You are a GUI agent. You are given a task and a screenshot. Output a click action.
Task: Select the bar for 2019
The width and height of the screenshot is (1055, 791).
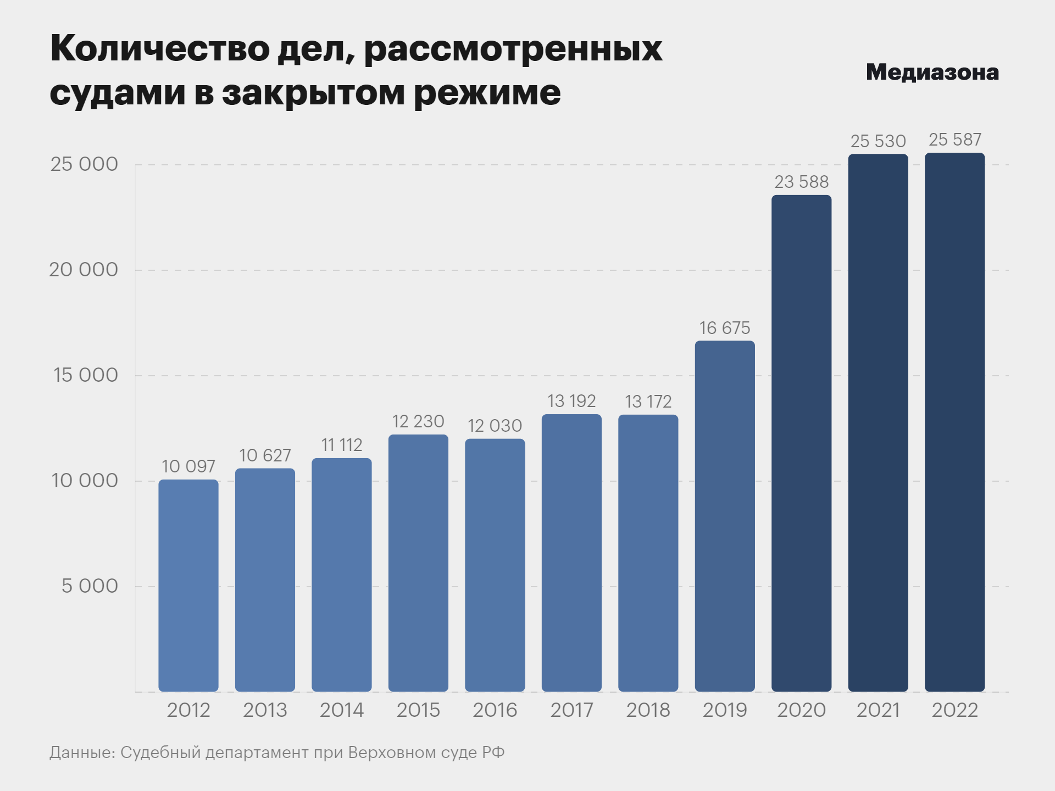[x=725, y=516]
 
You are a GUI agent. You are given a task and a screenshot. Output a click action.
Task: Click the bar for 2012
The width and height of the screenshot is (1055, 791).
[x=188, y=586]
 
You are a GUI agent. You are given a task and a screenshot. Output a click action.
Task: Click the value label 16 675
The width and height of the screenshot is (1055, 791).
[x=725, y=328]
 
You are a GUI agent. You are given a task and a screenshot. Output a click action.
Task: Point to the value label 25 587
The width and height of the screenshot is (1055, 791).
[x=955, y=140]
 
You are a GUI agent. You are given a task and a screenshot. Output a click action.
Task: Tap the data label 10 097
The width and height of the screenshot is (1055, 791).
[x=188, y=466]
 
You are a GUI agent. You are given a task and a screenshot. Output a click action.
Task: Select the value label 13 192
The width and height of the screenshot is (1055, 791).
[x=571, y=401]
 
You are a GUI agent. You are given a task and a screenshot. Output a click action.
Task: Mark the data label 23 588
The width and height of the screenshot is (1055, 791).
[x=801, y=182]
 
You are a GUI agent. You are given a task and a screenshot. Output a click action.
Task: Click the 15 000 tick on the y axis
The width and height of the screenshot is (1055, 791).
[x=86, y=375]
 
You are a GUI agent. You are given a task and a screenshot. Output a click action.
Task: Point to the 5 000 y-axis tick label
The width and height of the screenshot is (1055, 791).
[x=90, y=586]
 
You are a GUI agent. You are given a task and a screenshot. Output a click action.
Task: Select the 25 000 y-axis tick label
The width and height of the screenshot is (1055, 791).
[x=84, y=164]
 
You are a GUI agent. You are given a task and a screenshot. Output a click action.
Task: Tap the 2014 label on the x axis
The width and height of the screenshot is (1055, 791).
[x=342, y=710]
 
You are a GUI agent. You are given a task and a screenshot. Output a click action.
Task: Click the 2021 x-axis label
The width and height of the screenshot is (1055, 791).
[x=878, y=710]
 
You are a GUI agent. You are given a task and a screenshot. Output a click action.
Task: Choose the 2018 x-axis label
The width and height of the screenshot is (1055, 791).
[x=648, y=710]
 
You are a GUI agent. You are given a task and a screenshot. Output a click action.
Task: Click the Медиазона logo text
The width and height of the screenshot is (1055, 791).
[x=932, y=73]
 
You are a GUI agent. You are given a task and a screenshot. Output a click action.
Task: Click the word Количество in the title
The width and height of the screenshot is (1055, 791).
[x=159, y=49]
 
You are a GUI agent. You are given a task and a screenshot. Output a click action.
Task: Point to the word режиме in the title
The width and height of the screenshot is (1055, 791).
[x=487, y=93]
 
